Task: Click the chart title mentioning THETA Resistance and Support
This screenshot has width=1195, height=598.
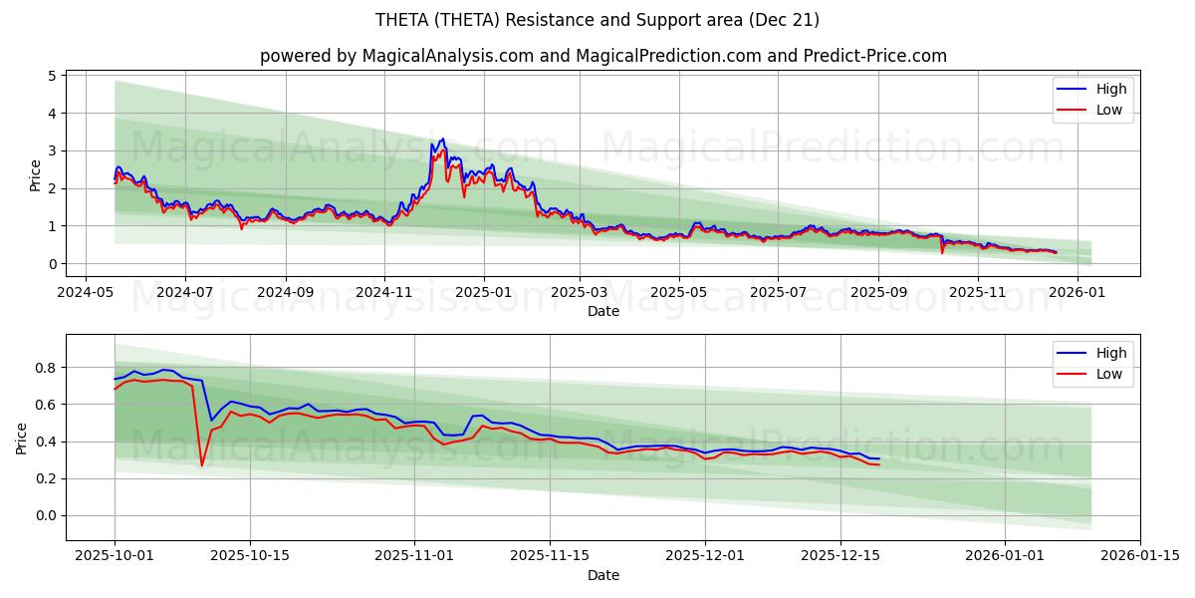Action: [597, 20]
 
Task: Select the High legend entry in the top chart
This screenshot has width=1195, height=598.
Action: [1111, 89]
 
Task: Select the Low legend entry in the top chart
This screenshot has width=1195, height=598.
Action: [1109, 110]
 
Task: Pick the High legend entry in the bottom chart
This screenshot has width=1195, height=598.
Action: [1111, 353]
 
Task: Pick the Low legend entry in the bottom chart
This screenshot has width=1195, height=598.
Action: [1109, 374]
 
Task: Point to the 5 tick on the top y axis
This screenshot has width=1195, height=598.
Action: [53, 76]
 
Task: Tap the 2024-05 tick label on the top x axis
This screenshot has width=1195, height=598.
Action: [85, 293]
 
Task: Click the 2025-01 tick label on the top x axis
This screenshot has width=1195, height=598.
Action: [484, 293]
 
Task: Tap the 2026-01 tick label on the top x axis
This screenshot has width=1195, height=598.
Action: [1078, 293]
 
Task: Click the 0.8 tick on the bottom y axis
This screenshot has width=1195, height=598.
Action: [44, 368]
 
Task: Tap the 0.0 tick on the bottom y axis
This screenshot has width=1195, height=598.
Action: [44, 515]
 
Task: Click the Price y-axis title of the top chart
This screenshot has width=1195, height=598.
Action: [36, 174]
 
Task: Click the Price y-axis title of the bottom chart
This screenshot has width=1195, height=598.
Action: [22, 438]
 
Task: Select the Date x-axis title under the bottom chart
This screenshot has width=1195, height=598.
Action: [602, 575]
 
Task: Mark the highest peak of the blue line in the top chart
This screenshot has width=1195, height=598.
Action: [442, 140]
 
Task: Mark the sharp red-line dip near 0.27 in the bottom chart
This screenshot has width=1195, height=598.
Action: [202, 465]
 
